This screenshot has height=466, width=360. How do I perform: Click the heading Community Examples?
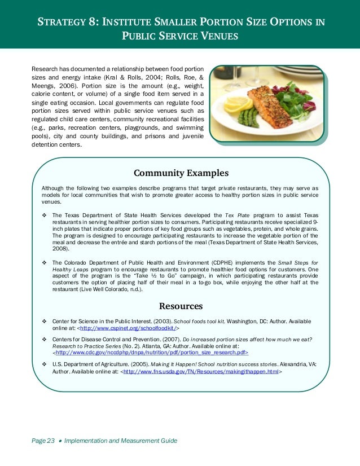(180, 173)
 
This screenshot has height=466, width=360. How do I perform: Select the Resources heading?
(180, 306)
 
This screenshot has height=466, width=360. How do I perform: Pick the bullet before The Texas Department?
(44, 216)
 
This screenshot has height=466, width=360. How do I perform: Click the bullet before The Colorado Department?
(44, 263)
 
